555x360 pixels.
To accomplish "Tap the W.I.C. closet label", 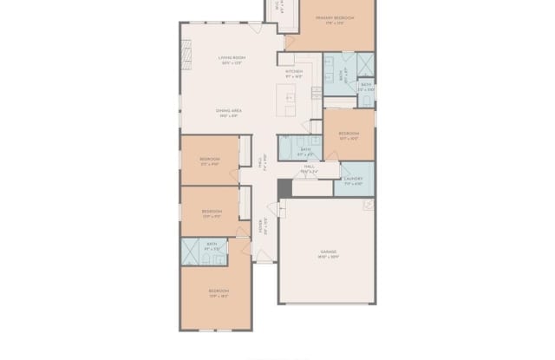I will pos(277,6).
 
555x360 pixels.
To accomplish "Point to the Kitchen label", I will pos(293,73).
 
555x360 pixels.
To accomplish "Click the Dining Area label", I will pos(229,113).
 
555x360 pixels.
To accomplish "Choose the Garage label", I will pos(329,252).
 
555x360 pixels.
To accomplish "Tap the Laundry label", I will pos(352,180).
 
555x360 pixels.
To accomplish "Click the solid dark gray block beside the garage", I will pos(284,188).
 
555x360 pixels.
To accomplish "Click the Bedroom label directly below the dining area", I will pos(210,160).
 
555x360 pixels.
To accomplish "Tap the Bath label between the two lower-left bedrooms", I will pos(212,246).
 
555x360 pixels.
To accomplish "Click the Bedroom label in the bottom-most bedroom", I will pos(219,292).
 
